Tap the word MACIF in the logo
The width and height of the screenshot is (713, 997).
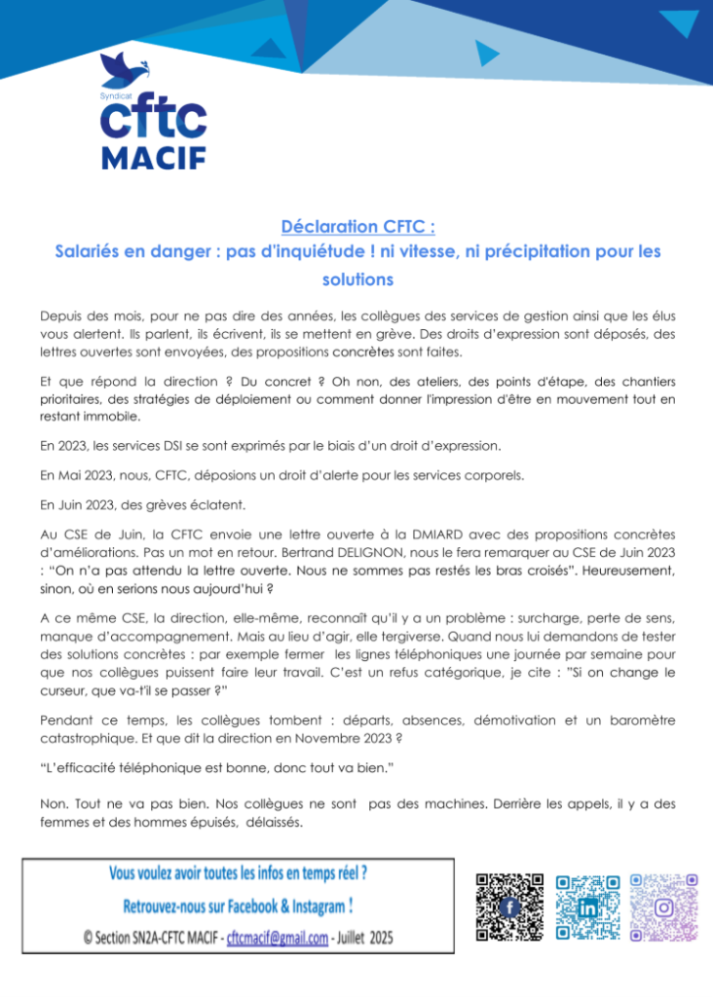154,156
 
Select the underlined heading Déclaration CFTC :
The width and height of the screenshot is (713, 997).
356,227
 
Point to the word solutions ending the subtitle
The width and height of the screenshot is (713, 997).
356,278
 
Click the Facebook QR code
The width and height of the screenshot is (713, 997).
508,907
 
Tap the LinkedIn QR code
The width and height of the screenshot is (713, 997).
586,907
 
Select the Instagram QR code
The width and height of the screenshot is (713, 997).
664,907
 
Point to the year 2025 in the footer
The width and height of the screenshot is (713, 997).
378,938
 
